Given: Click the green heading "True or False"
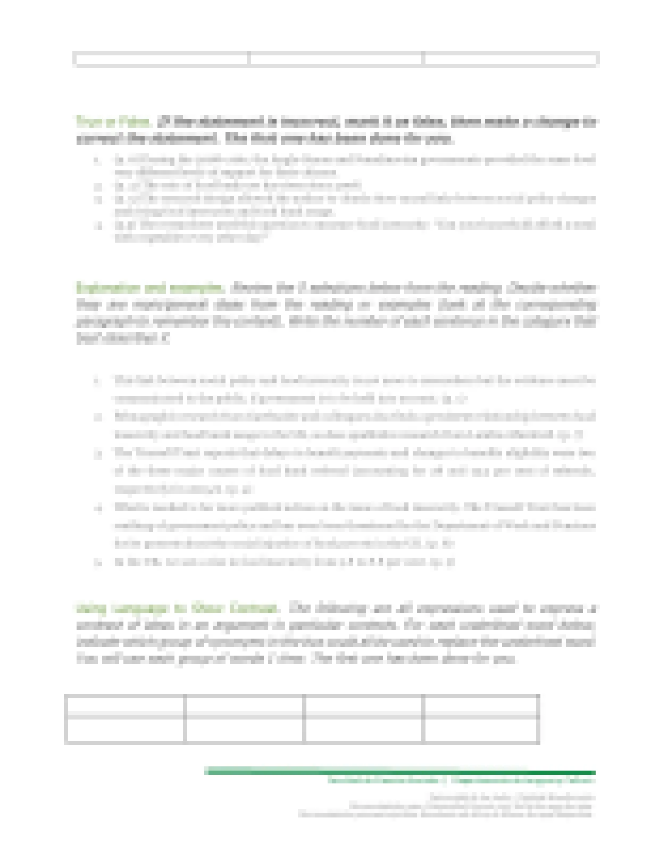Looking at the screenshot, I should point(114,121).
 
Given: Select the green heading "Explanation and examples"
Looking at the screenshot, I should point(150,288).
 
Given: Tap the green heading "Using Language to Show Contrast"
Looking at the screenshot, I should point(177,608).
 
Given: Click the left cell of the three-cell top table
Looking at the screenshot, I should point(161,59).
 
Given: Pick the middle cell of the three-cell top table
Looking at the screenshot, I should point(336,59).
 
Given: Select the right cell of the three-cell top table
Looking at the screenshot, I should point(510,59).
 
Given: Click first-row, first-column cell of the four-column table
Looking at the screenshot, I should point(124,706).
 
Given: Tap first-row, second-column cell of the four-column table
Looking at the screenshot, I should point(244,706).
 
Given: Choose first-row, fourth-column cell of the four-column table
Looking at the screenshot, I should point(481,706).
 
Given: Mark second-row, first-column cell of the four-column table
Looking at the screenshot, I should point(124,729).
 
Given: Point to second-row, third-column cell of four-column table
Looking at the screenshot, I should point(364,729).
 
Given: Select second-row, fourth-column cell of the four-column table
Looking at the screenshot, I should point(481,729).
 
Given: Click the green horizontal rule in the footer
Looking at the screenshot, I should point(399,772).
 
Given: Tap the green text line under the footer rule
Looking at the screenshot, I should point(461,781).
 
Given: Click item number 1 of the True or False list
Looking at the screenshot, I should point(354,166).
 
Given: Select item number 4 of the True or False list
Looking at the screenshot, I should point(354,230).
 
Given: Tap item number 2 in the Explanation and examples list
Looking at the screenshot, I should point(354,425).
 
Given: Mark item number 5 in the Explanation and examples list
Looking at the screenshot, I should point(285,562).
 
